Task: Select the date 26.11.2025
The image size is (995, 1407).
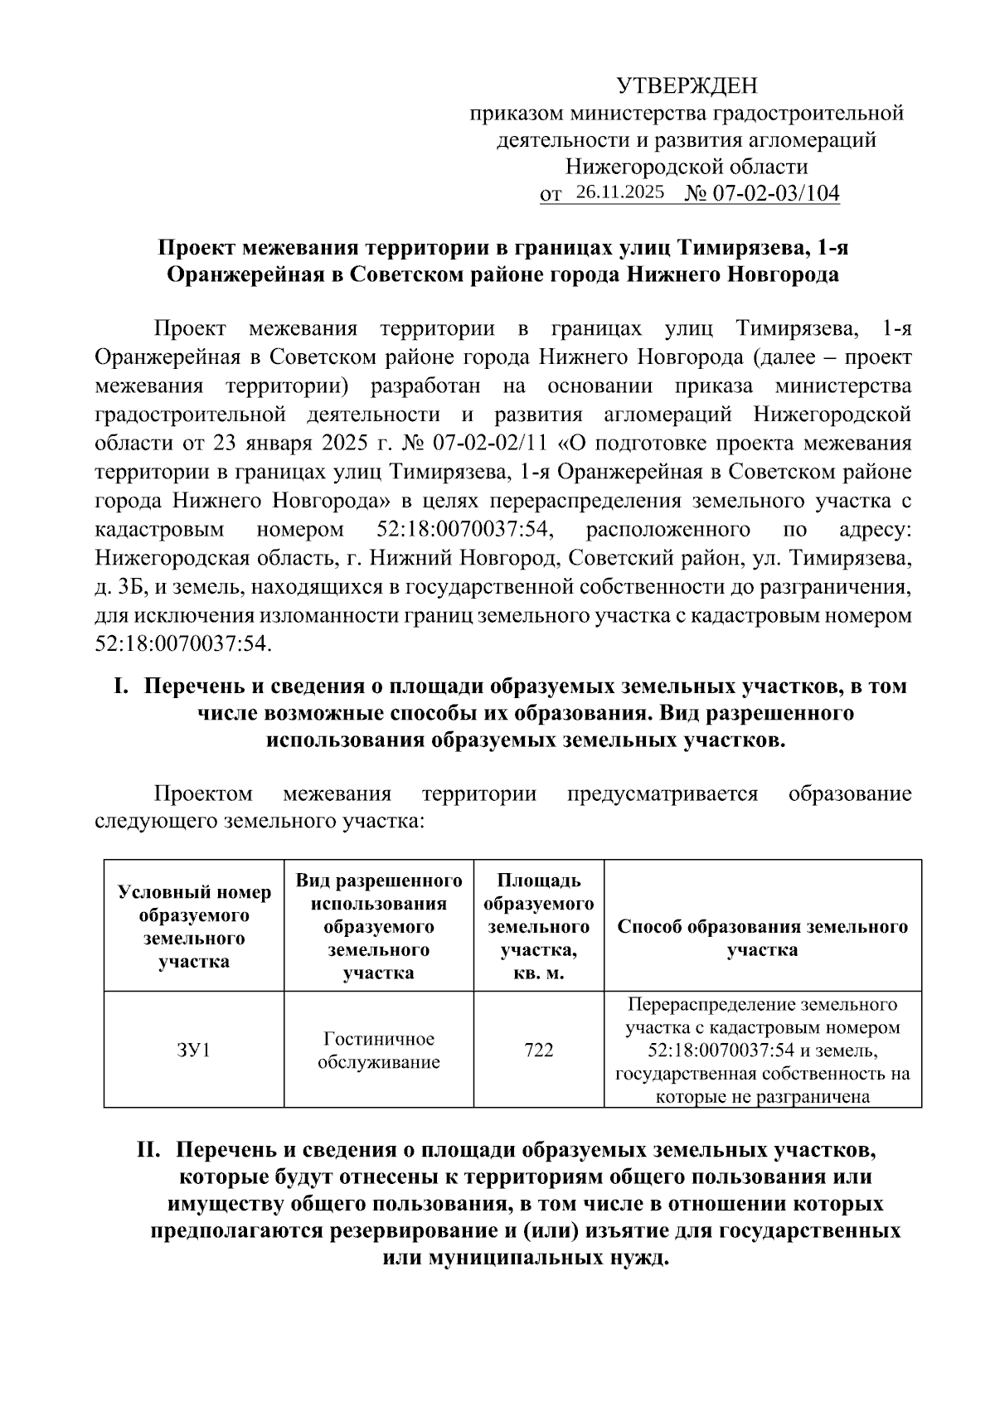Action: pyautogui.click(x=619, y=192)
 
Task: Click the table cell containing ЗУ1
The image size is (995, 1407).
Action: pyautogui.click(x=193, y=1050)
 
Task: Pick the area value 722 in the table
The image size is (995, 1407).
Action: pyautogui.click(x=538, y=1050)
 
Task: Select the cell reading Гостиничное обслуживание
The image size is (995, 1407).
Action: pyautogui.click(x=378, y=1050)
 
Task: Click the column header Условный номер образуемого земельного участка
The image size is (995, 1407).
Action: pyautogui.click(x=193, y=926)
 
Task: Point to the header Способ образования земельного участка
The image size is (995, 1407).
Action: pyautogui.click(x=762, y=938)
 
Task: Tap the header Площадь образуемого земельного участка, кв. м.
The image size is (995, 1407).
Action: pyautogui.click(x=538, y=926)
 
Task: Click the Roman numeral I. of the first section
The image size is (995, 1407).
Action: pyautogui.click(x=122, y=687)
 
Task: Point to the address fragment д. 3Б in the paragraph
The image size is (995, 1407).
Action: pyautogui.click(x=114, y=588)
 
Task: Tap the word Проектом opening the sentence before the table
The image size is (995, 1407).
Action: pyautogui.click(x=203, y=794)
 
